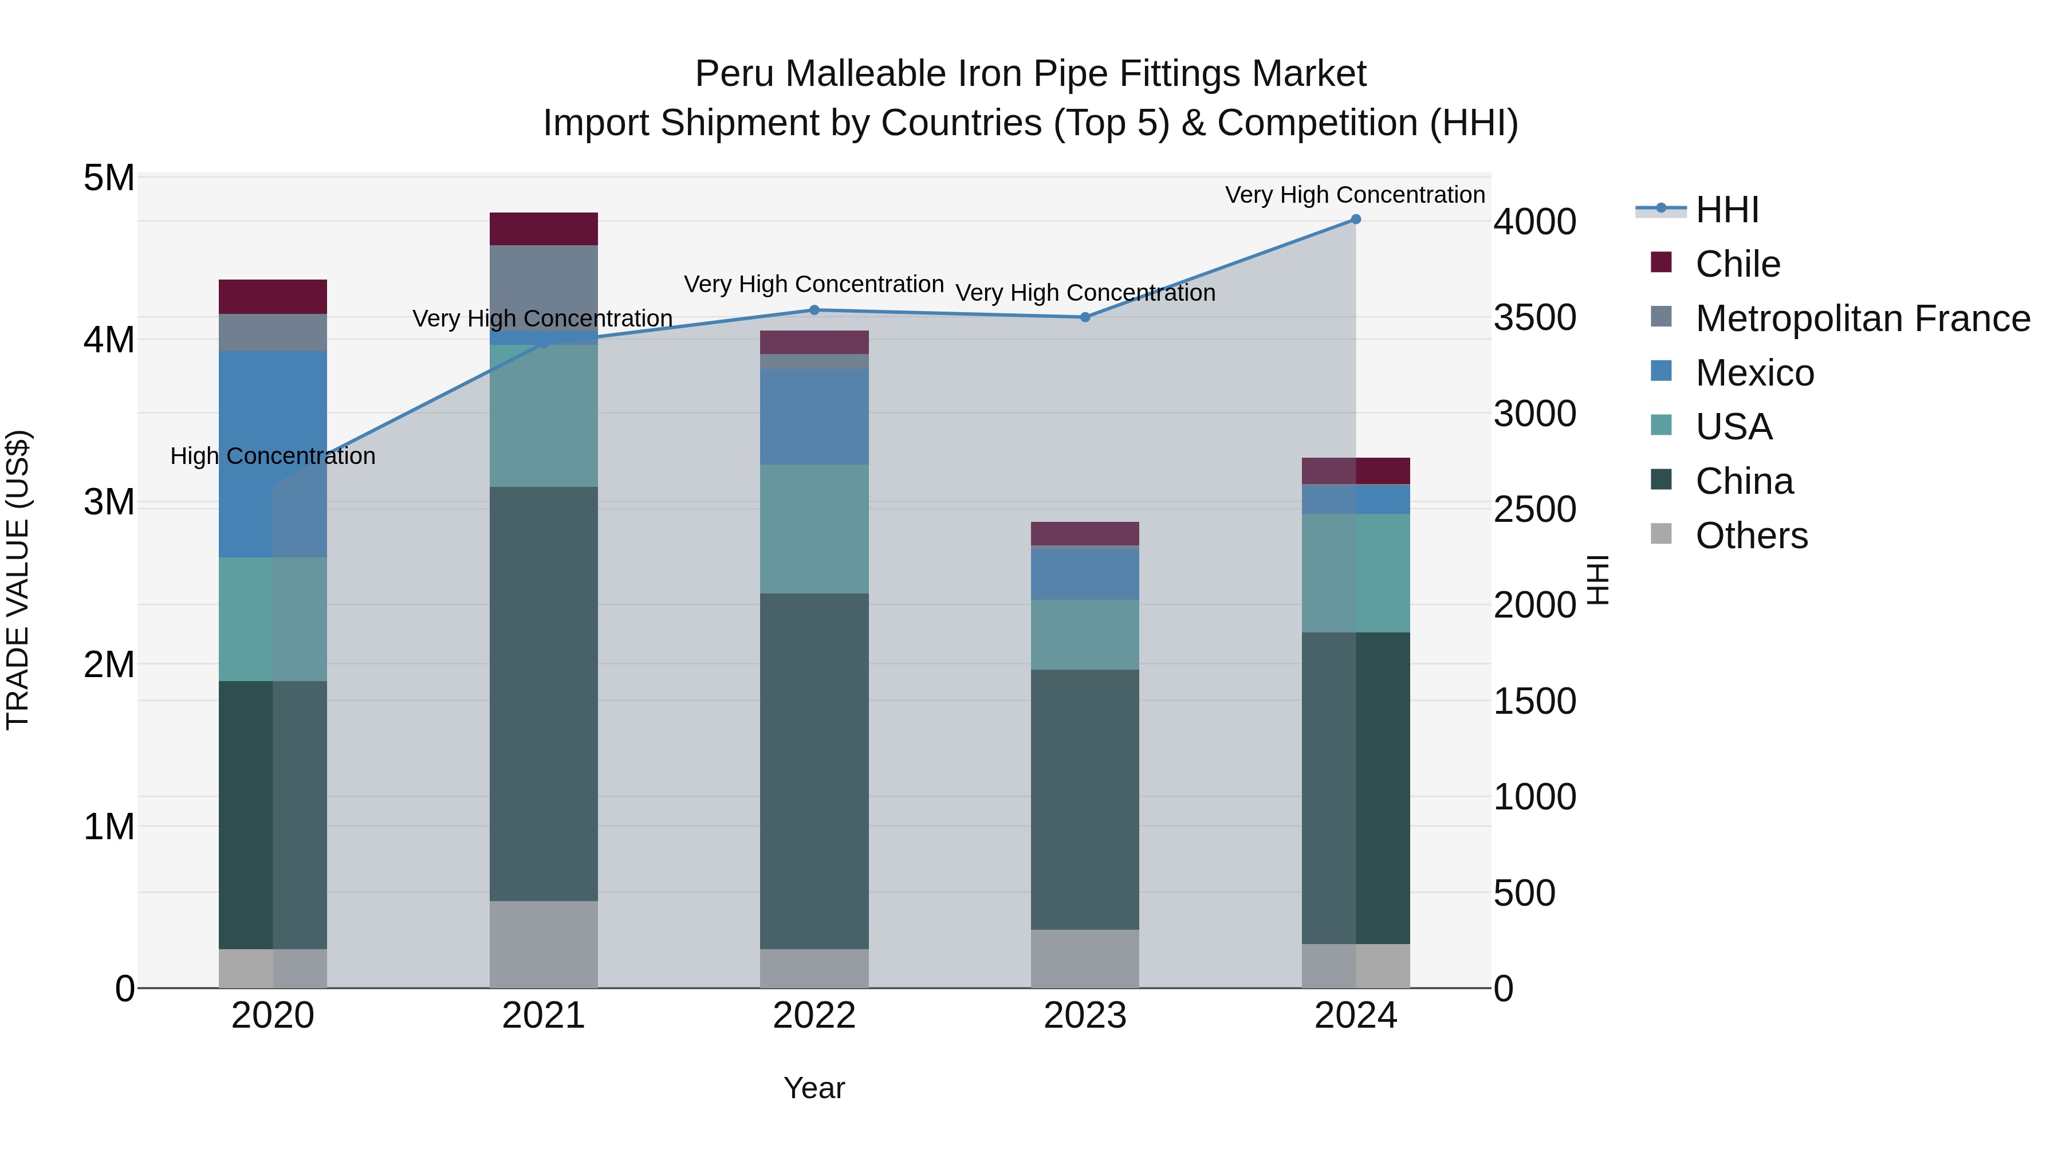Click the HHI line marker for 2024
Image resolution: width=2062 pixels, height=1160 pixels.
(1355, 219)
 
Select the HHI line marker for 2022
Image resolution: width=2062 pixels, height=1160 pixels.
(814, 310)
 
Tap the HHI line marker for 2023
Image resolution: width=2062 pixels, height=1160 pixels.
(1085, 317)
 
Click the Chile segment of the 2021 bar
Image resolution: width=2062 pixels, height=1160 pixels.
(544, 229)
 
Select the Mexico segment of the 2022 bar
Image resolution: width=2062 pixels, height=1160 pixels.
(814, 416)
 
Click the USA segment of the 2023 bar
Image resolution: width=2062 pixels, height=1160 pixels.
(1085, 635)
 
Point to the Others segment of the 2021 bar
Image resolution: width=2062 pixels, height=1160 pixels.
(544, 944)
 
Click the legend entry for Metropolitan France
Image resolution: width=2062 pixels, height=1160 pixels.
(1862, 318)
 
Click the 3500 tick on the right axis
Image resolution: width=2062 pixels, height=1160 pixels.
(1534, 318)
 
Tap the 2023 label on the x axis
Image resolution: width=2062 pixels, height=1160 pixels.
(1085, 1016)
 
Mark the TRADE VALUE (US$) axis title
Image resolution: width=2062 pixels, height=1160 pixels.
(18, 580)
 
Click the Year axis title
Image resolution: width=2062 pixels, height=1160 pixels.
(814, 1088)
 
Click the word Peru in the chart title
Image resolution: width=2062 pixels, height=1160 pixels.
(734, 74)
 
